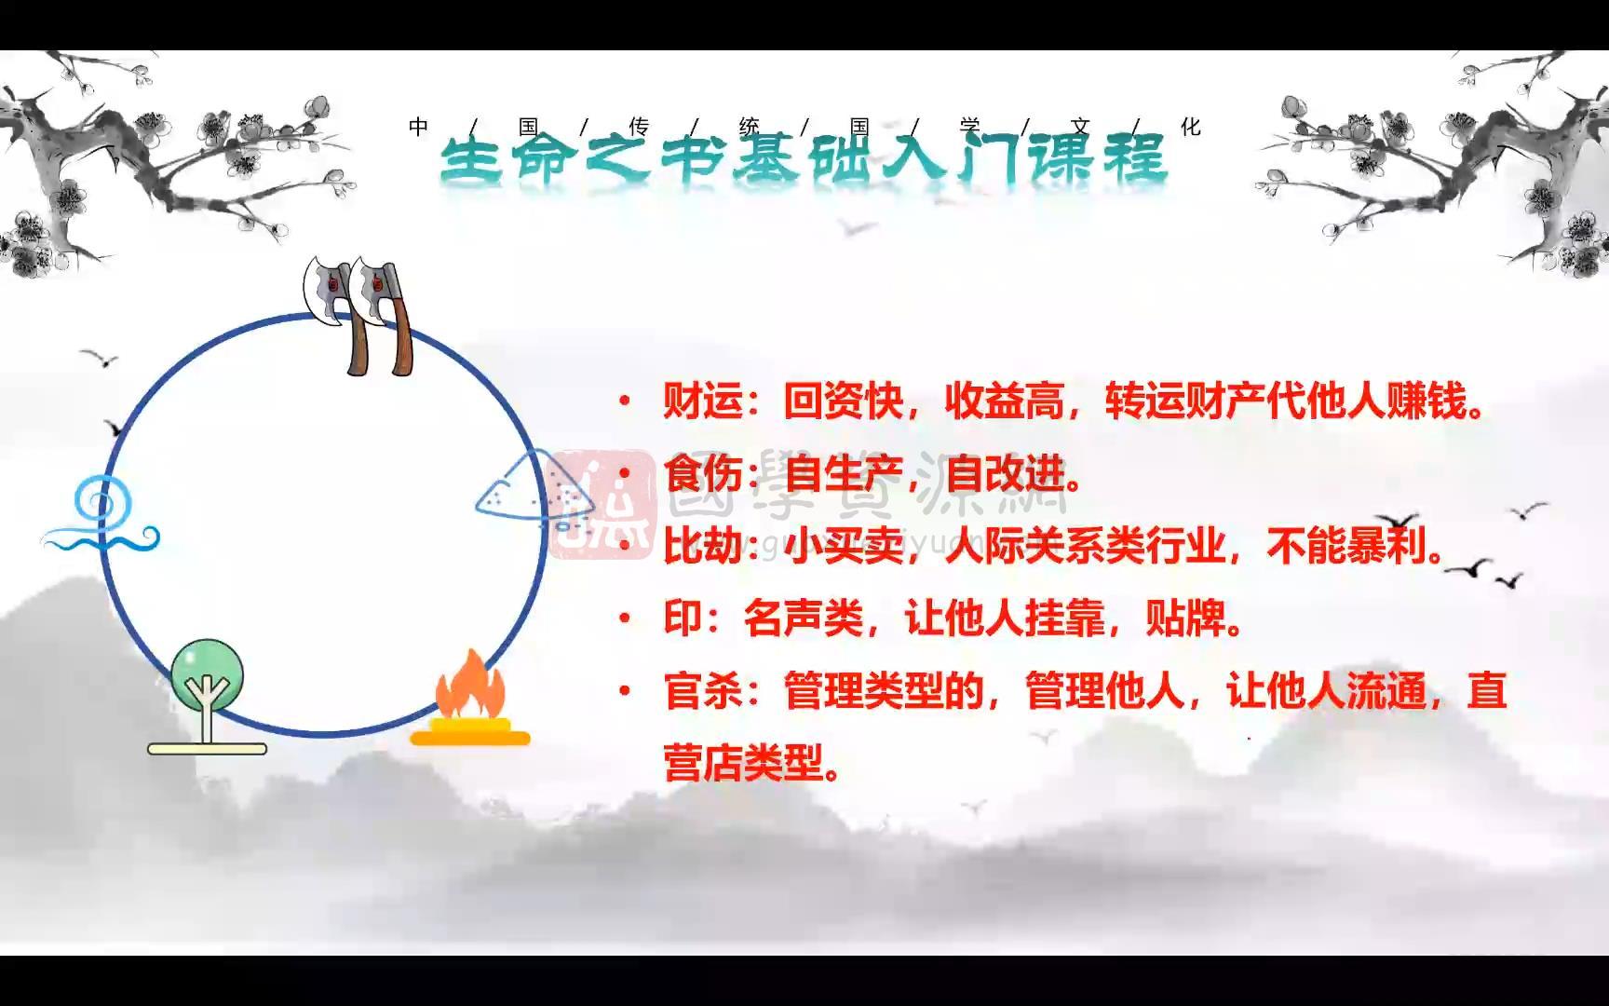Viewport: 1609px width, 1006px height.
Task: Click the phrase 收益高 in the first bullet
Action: (1004, 401)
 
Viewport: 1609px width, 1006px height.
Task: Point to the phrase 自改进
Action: (1004, 474)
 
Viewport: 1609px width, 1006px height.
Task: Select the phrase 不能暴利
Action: (1345, 547)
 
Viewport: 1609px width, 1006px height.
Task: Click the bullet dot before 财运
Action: (625, 401)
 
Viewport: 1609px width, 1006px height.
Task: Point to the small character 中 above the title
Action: (418, 127)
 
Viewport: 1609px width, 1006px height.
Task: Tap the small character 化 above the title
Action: (1191, 127)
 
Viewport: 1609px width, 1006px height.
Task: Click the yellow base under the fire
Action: (470, 738)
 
